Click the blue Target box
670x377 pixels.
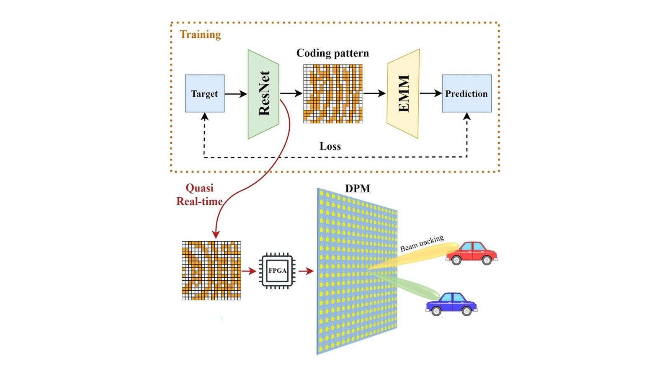tap(204, 93)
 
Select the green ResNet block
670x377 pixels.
tap(263, 94)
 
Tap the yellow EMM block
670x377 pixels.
tap(403, 94)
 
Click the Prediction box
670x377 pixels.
tap(466, 93)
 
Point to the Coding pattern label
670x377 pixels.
tap(332, 53)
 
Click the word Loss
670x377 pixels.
tap(330, 146)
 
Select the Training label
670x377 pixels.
tap(200, 34)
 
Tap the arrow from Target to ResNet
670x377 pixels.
tap(236, 94)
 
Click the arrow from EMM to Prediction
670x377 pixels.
tap(430, 93)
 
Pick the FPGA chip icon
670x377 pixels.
tap(277, 271)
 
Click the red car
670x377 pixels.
tap(472, 253)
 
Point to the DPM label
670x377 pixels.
tap(358, 188)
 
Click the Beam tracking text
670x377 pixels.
tap(422, 243)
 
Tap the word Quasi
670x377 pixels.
tap(199, 188)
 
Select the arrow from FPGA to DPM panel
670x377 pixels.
tap(306, 271)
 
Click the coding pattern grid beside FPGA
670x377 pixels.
tap(211, 271)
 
